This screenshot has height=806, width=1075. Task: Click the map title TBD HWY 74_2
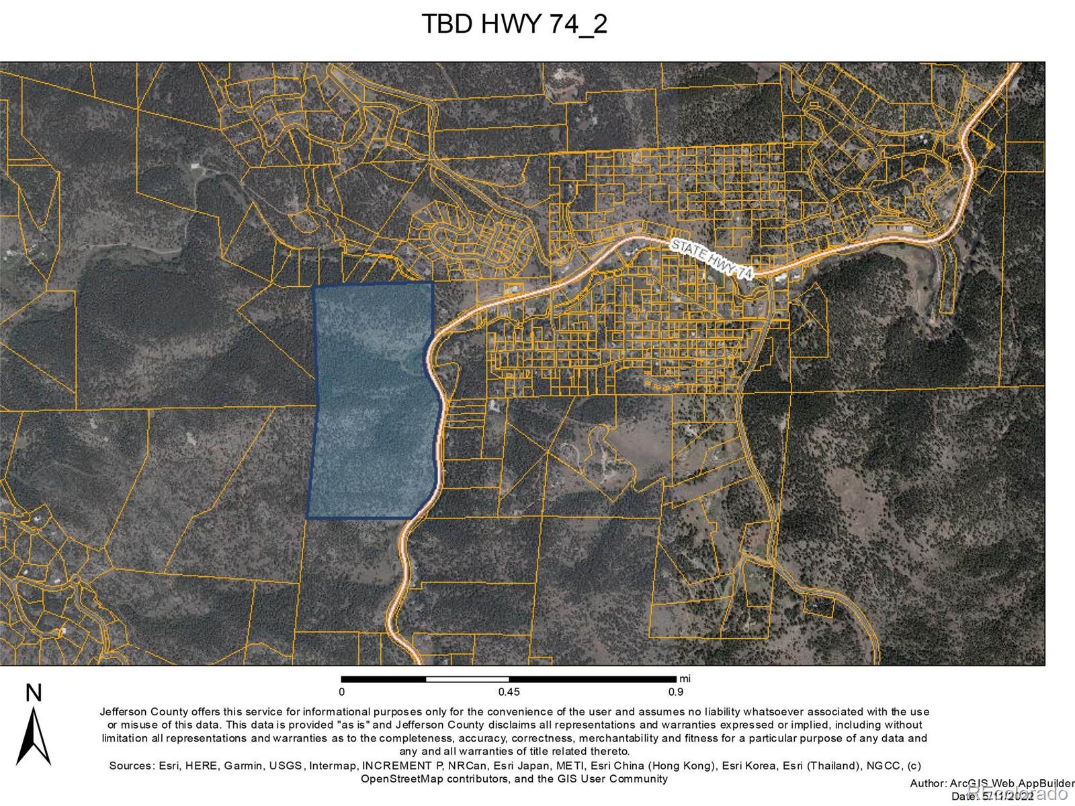(x=514, y=25)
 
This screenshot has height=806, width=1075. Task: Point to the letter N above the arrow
(x=34, y=694)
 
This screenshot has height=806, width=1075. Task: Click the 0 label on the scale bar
(x=341, y=692)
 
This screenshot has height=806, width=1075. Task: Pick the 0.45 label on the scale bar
(x=509, y=692)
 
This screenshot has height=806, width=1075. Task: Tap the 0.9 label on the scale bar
(x=676, y=692)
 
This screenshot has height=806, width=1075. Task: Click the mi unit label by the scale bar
(x=685, y=678)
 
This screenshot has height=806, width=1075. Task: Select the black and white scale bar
(x=509, y=679)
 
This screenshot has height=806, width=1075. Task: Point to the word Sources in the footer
(x=132, y=766)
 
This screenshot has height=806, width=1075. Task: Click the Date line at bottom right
(x=1001, y=796)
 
